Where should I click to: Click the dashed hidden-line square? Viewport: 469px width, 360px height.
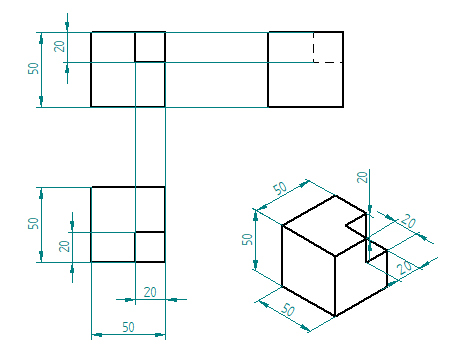click(x=313, y=47)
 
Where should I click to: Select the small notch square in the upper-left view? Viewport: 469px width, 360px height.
click(x=135, y=47)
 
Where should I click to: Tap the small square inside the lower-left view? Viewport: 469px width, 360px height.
click(x=135, y=247)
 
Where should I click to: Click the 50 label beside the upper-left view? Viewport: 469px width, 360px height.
click(x=33, y=68)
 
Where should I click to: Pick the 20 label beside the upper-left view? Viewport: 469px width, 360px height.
click(x=59, y=46)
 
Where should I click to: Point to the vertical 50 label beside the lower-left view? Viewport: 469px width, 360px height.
click(x=33, y=223)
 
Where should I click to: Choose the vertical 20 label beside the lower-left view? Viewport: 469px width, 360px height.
click(x=64, y=246)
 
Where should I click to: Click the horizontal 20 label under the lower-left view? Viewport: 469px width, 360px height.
click(x=150, y=292)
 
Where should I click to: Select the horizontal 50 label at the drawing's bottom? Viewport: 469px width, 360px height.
click(x=128, y=327)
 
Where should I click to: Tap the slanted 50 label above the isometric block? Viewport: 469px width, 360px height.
click(x=280, y=188)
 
